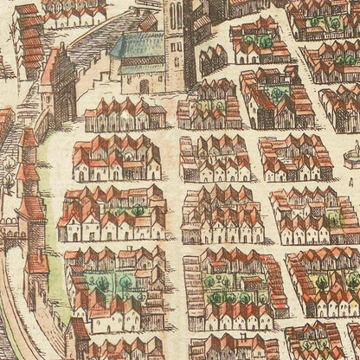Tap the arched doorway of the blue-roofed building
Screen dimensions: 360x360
(145, 86)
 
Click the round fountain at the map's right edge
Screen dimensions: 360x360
(350, 157)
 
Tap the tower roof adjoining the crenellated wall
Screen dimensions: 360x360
(33, 209)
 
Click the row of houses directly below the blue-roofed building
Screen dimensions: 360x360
(125, 114)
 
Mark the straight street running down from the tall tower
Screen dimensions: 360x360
(173, 216)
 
